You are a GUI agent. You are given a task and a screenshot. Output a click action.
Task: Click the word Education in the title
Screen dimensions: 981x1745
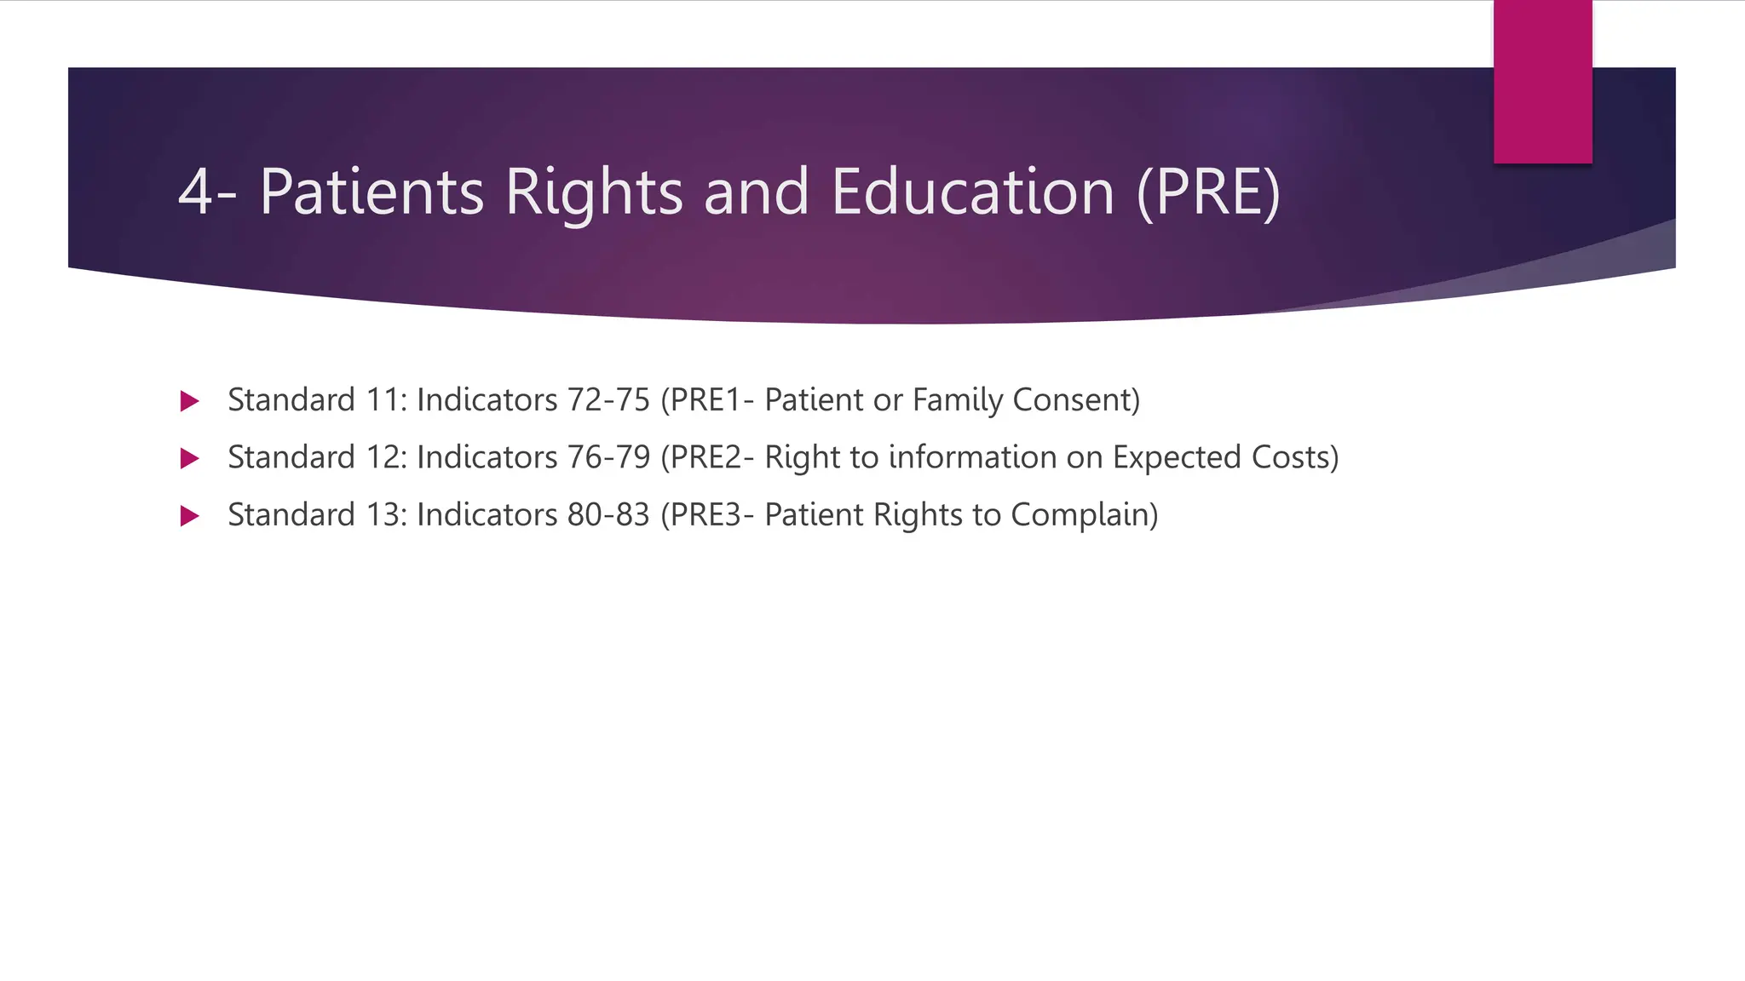pyautogui.click(x=972, y=192)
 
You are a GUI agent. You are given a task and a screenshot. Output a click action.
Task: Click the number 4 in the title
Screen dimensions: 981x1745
pyautogui.click(x=194, y=192)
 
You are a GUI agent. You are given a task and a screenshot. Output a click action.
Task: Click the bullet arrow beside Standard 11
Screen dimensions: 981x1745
pyautogui.click(x=190, y=401)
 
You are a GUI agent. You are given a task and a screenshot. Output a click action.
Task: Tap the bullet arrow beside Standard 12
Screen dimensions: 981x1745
pyautogui.click(x=190, y=459)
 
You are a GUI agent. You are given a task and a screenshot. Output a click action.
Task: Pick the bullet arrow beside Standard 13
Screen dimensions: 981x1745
pyautogui.click(x=190, y=516)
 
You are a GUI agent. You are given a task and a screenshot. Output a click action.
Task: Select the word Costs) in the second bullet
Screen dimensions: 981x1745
pyautogui.click(x=1295, y=457)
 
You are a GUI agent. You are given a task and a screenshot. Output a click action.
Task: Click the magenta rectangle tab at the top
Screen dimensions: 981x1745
pyautogui.click(x=1542, y=82)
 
